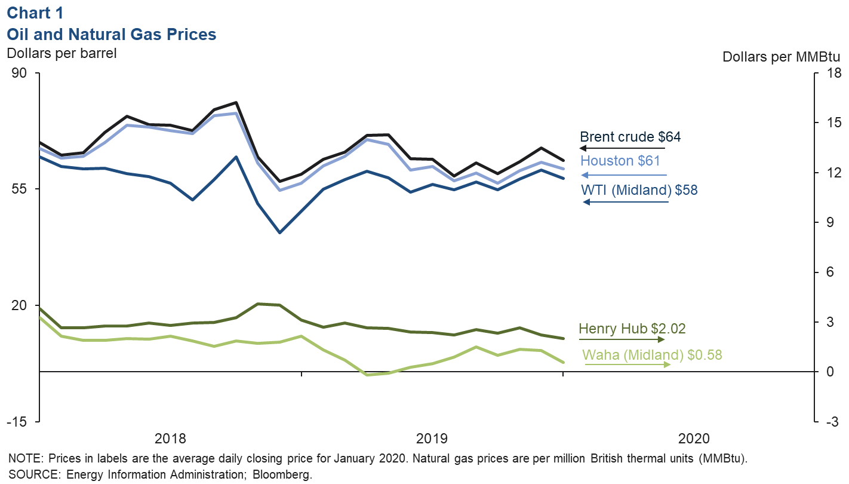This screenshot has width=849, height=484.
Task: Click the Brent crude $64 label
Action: tap(630, 137)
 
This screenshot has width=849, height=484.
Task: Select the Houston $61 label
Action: tap(620, 161)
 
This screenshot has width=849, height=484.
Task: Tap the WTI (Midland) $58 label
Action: tap(639, 190)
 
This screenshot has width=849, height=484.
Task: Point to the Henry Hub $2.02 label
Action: tap(632, 328)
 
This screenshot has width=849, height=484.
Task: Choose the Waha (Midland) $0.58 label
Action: tap(652, 354)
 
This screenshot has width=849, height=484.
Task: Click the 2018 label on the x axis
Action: tap(170, 439)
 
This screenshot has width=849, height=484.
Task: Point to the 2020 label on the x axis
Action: tap(694, 439)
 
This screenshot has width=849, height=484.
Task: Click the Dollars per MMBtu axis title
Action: tap(782, 57)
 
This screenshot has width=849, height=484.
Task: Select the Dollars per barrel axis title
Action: tap(61, 53)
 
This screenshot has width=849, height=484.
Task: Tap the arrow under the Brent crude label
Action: tap(622, 148)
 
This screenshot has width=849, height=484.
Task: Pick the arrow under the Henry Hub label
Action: tap(621, 339)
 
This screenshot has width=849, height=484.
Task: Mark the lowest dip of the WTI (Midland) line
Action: tap(279, 232)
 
